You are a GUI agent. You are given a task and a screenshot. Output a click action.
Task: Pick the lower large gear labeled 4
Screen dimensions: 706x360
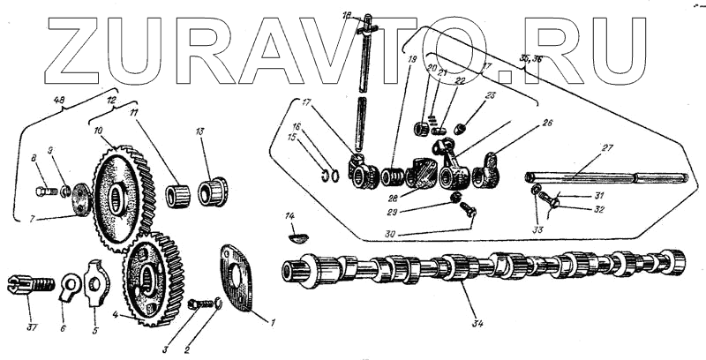tap(153, 278)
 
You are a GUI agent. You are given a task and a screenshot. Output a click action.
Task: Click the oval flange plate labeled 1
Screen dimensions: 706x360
tap(233, 278)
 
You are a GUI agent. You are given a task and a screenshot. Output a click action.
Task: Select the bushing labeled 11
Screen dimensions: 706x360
tap(179, 193)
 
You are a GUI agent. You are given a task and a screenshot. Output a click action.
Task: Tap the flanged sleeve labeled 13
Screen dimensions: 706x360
tap(213, 191)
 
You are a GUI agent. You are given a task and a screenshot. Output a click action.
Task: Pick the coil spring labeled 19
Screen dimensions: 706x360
tap(392, 176)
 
